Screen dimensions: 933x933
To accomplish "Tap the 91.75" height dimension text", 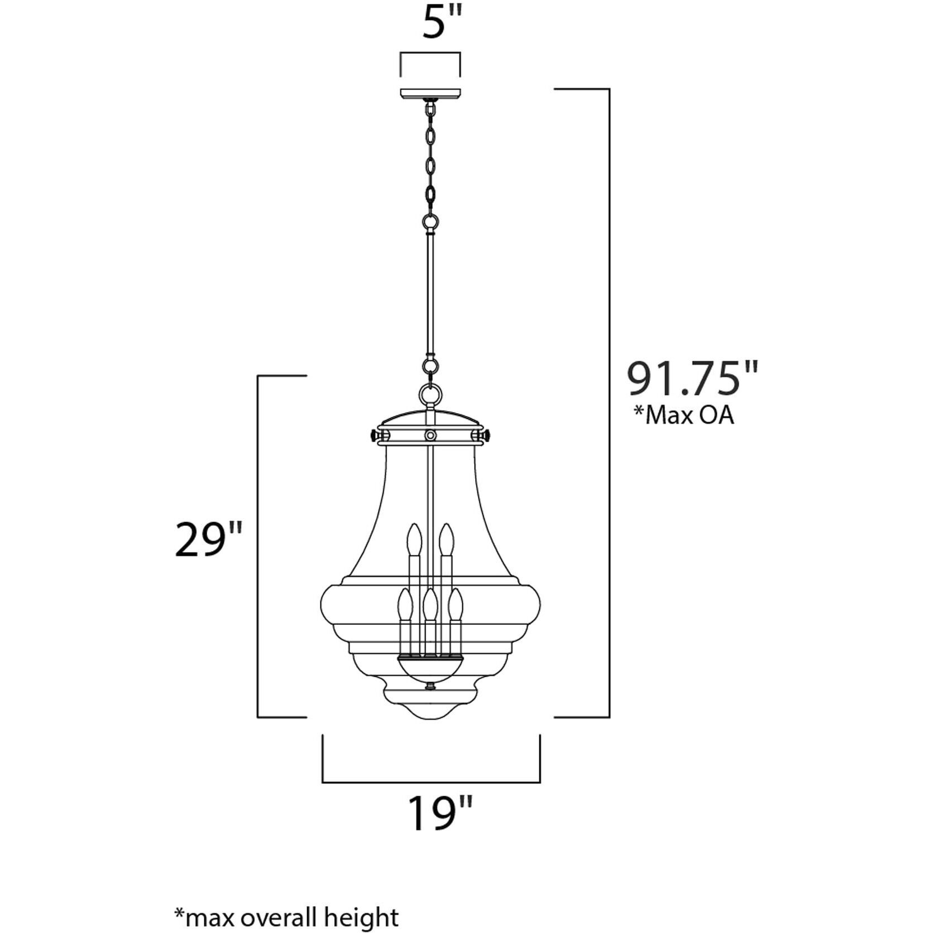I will (x=692, y=379).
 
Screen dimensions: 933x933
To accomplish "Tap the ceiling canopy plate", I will (x=430, y=93).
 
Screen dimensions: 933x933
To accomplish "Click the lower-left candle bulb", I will (x=404, y=606).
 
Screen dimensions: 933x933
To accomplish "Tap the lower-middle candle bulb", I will (x=429, y=606).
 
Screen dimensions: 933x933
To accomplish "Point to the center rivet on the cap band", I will (x=430, y=435).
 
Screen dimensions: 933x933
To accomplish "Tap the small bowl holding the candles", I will (x=430, y=668).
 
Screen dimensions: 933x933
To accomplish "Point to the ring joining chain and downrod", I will (x=430, y=223).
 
